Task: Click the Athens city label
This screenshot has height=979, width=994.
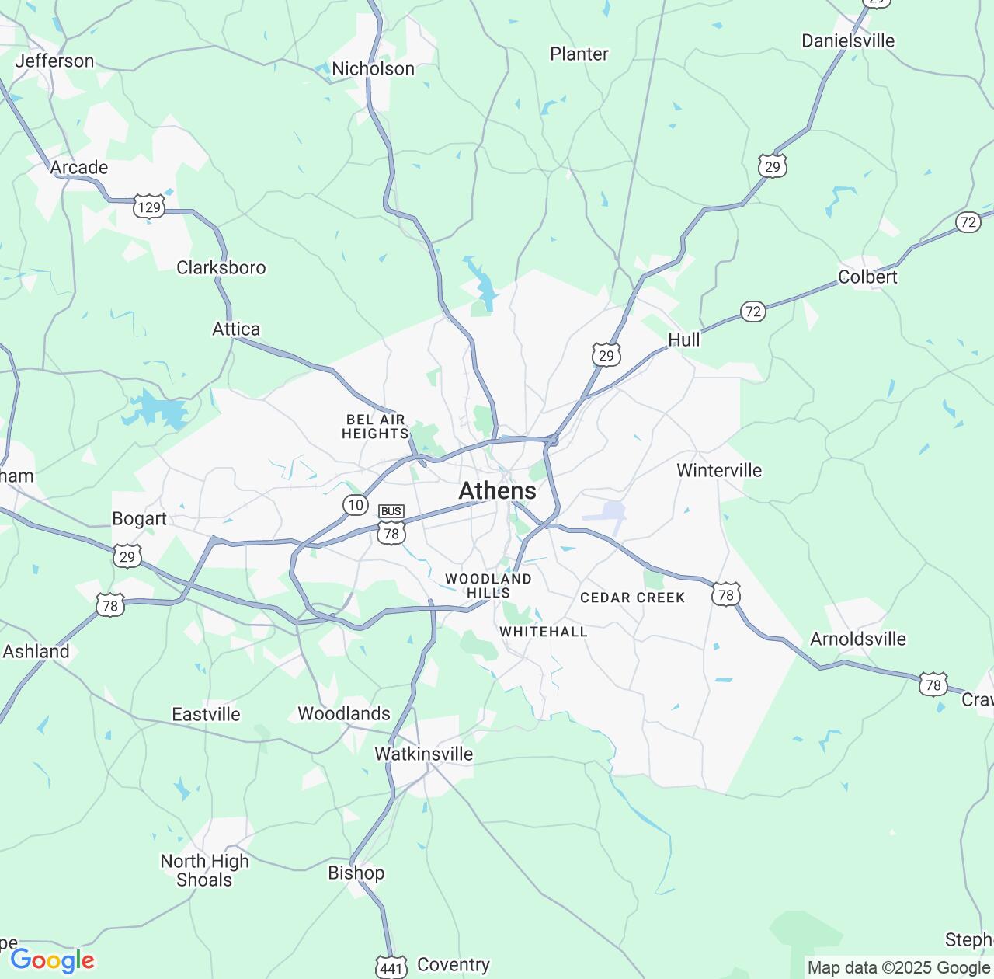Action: [x=497, y=490]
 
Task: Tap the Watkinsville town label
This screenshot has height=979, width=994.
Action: [x=423, y=754]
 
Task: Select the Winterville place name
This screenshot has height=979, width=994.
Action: [x=718, y=470]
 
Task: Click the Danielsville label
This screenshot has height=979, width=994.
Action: [x=848, y=40]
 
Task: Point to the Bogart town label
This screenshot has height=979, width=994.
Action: [x=139, y=518]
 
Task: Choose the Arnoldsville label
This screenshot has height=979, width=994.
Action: [x=857, y=639]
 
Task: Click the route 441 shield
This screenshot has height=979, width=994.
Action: [x=391, y=967]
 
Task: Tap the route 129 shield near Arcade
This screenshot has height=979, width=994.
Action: [x=149, y=207]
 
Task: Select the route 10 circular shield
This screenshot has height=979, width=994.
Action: [x=355, y=505]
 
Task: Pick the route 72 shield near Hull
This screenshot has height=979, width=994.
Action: [x=752, y=312]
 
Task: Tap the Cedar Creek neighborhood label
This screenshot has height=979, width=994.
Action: [x=632, y=598]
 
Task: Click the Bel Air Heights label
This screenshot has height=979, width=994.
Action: [x=375, y=427]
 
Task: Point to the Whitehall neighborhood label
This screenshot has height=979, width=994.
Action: [x=543, y=632]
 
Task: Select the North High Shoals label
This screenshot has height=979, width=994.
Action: [x=204, y=870]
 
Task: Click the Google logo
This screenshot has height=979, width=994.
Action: [x=52, y=961]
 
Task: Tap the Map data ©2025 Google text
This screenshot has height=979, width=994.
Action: [x=898, y=968]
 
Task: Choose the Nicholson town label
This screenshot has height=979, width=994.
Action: [x=373, y=68]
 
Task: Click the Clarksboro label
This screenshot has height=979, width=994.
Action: [x=221, y=267]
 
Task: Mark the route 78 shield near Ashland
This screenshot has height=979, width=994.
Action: [x=110, y=605]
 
